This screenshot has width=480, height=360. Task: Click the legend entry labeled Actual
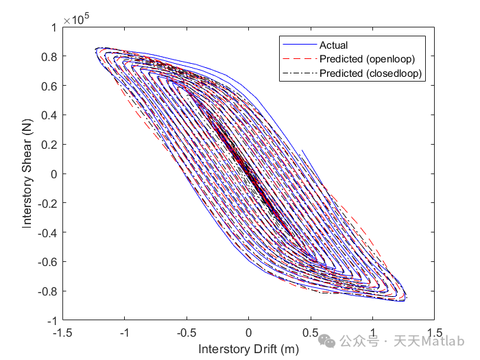pyautogui.click(x=333, y=45)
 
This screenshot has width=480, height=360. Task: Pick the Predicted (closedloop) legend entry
pyautogui.click(x=370, y=73)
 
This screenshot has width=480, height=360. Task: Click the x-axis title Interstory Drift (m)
pyautogui.click(x=248, y=349)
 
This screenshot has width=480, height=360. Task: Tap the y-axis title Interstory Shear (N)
pyautogui.click(x=27, y=173)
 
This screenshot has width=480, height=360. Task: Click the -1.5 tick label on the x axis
pyautogui.click(x=63, y=332)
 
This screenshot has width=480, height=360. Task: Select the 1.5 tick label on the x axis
pyautogui.click(x=433, y=332)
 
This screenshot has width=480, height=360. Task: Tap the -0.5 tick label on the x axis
pyautogui.click(x=186, y=332)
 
